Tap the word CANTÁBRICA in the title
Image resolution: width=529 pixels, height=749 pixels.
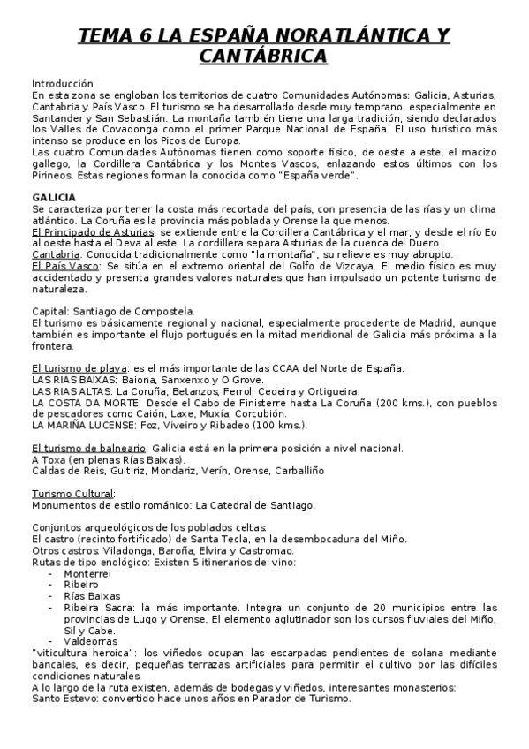[x=263, y=56]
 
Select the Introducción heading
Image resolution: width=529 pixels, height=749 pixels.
[x=62, y=81]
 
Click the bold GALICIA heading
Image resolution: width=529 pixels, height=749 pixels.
[x=53, y=197]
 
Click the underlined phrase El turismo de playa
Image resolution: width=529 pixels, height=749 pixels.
[x=79, y=368]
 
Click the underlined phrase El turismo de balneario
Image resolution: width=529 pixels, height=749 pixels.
[x=88, y=449]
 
